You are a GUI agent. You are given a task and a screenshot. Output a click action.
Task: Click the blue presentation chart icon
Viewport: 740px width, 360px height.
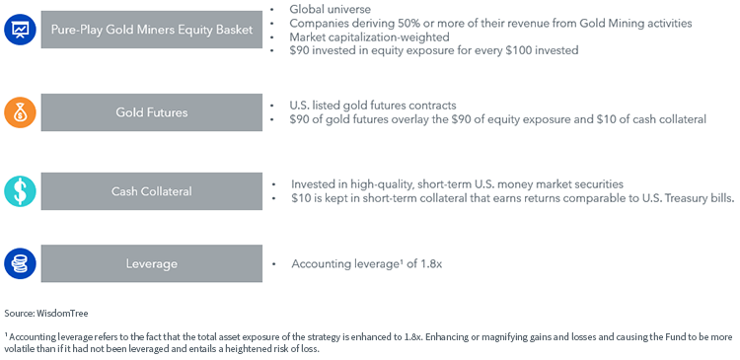coord(21,30)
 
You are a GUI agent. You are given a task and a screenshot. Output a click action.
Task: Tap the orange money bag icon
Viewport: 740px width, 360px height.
coord(21,112)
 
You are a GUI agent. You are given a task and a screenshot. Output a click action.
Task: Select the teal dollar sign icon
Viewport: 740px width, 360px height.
coord(21,191)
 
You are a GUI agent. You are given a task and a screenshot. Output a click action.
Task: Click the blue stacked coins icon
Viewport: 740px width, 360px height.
coord(21,263)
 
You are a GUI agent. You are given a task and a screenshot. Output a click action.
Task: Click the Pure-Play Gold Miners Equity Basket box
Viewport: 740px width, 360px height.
coord(152,30)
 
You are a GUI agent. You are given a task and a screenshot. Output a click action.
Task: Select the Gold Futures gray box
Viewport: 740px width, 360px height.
coord(152,112)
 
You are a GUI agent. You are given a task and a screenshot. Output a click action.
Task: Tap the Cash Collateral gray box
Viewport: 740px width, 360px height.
coord(152,191)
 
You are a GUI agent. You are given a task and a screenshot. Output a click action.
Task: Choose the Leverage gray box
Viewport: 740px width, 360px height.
coord(152,263)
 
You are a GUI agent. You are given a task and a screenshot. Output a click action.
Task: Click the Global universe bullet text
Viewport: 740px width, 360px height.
coord(331,9)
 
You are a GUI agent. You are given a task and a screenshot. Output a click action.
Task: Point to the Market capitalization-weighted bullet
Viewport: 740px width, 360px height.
coord(370,36)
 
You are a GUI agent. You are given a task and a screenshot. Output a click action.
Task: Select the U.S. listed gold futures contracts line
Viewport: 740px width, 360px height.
coord(373,106)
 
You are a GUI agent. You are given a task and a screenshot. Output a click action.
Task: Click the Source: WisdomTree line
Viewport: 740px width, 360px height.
coord(46,313)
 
